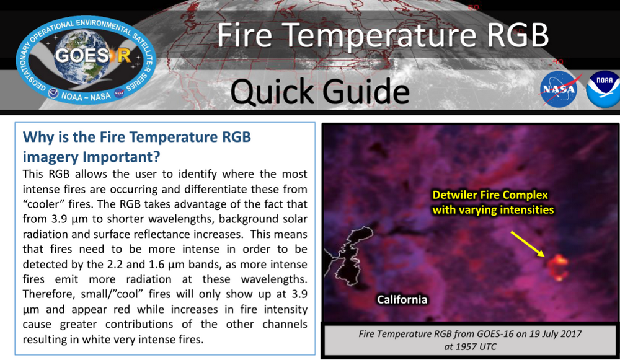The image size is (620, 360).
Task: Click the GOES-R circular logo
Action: click(x=87, y=58)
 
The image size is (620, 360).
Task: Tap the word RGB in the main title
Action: click(x=517, y=35)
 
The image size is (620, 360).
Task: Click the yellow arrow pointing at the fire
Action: click(x=527, y=243)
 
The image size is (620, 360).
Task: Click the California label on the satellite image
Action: click(x=402, y=300)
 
